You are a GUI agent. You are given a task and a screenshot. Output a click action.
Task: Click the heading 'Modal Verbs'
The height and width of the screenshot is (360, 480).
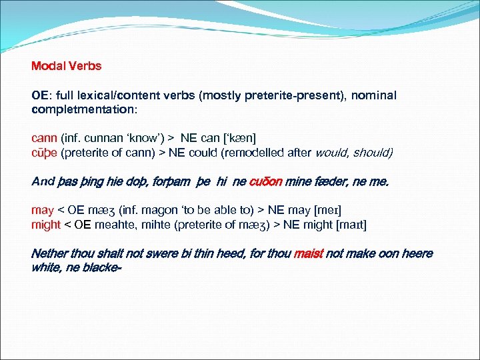point(66,66)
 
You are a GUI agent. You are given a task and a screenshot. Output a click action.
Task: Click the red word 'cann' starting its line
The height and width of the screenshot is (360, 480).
point(45,138)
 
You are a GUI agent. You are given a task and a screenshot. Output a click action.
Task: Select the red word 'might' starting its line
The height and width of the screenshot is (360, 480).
point(46,224)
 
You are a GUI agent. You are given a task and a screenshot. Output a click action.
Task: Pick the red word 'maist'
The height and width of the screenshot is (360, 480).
point(308,253)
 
